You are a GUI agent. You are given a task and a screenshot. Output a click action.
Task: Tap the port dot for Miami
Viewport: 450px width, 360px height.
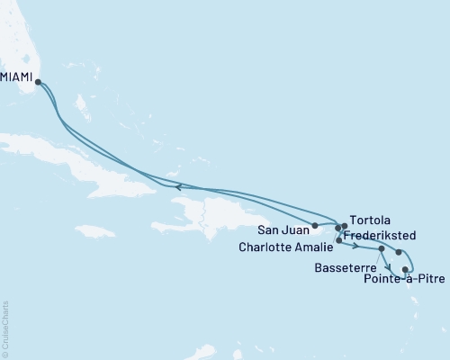point(38,83)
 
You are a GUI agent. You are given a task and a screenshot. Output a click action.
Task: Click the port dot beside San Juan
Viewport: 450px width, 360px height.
point(314,225)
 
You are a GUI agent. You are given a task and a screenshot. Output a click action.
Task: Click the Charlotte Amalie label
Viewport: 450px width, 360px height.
point(286,245)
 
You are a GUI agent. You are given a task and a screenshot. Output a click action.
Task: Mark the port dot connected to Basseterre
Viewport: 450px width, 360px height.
point(382,248)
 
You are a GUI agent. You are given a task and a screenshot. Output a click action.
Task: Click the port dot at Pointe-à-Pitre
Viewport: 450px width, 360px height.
point(406,268)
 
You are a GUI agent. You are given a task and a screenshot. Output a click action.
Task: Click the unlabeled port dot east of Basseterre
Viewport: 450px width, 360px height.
point(399,253)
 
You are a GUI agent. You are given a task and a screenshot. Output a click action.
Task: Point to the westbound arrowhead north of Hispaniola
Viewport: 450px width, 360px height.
point(178,187)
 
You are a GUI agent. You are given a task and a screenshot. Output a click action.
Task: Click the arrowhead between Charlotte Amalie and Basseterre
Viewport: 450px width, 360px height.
point(356,246)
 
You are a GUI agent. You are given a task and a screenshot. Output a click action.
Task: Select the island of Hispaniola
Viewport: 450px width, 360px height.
point(211,216)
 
